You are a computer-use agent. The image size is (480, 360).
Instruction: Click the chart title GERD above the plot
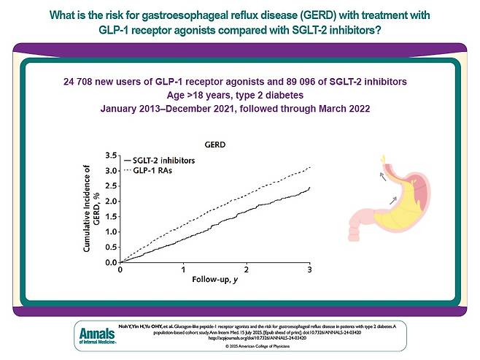point(214,145)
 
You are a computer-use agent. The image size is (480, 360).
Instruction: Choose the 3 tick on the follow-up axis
point(310,269)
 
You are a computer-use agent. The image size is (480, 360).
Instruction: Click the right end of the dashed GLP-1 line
point(310,166)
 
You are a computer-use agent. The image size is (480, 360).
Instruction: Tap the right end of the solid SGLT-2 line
point(310,188)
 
